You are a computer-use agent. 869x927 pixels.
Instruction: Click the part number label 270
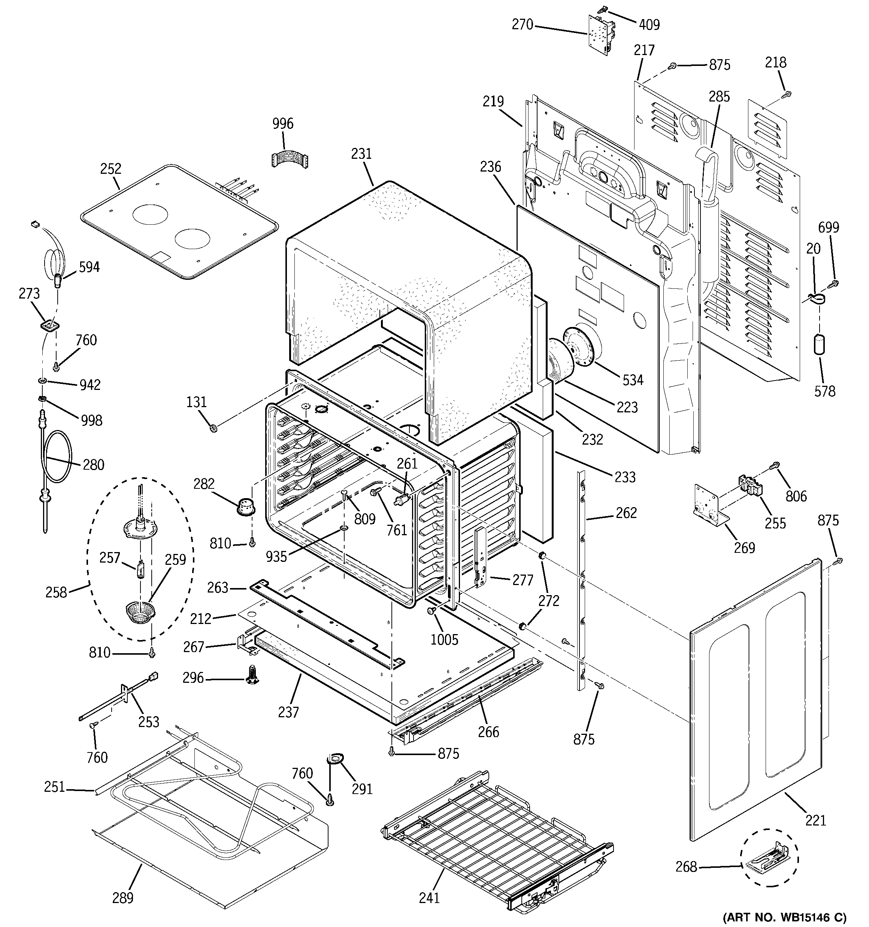click(523, 24)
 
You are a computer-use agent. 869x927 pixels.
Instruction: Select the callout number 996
click(283, 124)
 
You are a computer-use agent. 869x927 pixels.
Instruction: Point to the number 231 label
click(361, 154)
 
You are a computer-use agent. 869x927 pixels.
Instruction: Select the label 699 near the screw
click(829, 228)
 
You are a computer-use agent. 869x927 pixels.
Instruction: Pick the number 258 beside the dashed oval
click(56, 592)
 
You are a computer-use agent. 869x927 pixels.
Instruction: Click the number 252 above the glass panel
click(110, 169)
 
